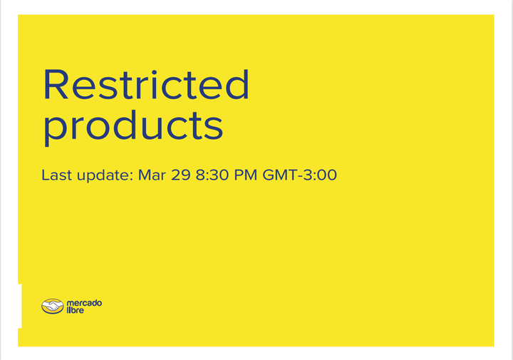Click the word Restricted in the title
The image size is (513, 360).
click(146, 85)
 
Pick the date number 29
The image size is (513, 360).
click(181, 175)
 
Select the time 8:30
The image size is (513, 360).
click(212, 175)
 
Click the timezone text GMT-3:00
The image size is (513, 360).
click(299, 175)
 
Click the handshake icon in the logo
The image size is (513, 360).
click(52, 307)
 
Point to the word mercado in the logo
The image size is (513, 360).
click(84, 303)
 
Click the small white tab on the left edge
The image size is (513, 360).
click(19, 306)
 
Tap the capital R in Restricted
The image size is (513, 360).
click(58, 85)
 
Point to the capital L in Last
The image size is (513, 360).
click(45, 175)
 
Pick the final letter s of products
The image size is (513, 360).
click(214, 125)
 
